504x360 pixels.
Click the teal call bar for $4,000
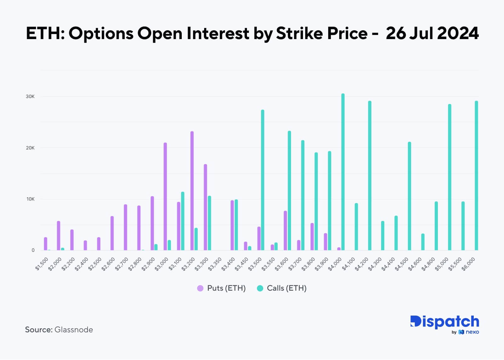tap(343, 172)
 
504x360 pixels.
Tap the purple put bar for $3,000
tap(165, 196)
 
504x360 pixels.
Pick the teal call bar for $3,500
tap(262, 180)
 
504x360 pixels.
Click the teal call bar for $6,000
tap(476, 176)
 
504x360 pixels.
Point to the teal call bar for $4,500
tap(409, 196)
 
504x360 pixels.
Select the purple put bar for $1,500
tap(45, 244)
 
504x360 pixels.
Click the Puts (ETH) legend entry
tap(221, 288)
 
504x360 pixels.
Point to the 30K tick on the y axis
tap(30, 96)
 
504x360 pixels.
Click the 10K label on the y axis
tap(31, 199)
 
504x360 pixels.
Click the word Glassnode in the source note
tap(74, 330)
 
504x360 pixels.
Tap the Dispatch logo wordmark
tap(444, 322)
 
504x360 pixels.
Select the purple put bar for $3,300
tap(205, 207)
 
